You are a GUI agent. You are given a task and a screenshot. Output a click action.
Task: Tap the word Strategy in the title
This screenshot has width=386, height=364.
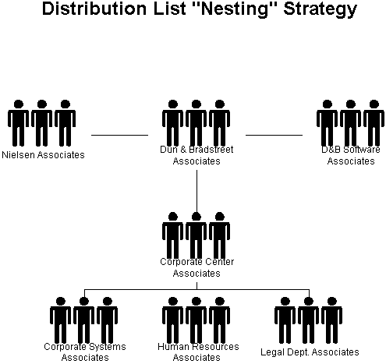coord(320,9)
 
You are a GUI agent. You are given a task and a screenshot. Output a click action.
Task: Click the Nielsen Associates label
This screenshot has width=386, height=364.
coord(43,155)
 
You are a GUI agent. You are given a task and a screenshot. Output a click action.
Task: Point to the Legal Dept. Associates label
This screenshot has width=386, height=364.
coord(310,352)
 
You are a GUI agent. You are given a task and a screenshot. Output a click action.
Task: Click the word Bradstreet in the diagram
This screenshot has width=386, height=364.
coord(211,150)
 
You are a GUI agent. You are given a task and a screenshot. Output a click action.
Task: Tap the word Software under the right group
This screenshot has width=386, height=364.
coord(362,150)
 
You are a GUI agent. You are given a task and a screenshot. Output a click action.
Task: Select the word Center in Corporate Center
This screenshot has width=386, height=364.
coord(219,262)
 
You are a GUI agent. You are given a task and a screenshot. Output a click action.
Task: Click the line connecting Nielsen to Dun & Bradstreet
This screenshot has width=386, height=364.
coord(119,135)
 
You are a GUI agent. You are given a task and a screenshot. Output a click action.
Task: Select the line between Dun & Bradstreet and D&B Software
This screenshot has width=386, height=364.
coord(274,135)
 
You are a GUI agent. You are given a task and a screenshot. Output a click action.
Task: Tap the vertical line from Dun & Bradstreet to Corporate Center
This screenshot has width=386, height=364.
coord(197,192)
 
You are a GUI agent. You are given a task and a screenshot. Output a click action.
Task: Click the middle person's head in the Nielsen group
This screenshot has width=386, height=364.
coord(42,104)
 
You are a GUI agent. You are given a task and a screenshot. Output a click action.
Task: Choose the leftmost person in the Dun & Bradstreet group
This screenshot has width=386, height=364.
coord(172,123)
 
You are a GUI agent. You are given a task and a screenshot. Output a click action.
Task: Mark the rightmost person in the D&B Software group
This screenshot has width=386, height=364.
coord(374,123)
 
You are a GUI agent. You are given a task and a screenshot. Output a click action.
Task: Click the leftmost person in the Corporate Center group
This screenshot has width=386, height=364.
coord(172,235)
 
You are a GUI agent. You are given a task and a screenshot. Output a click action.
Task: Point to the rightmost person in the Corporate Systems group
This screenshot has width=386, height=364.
coord(107,320)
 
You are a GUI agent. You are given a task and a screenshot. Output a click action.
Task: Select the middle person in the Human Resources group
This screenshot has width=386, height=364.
coord(196,320)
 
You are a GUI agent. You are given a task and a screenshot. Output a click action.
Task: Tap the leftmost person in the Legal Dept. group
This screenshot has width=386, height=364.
coord(285,320)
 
